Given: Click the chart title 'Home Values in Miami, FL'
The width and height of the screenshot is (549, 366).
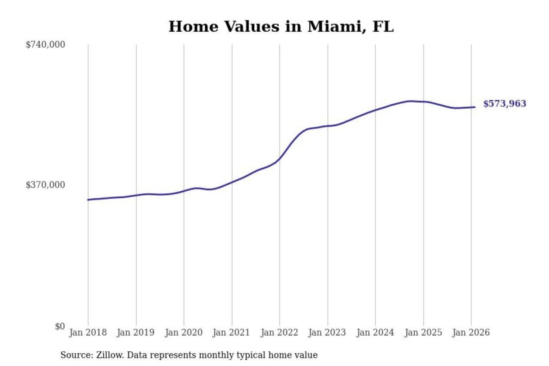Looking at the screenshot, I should click(x=281, y=27).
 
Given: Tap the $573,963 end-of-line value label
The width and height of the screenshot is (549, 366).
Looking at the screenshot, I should click(x=504, y=104).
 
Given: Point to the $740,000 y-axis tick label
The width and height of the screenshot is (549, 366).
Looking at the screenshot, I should click(x=45, y=45).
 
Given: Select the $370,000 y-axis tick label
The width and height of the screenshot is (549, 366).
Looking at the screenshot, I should click(x=45, y=185).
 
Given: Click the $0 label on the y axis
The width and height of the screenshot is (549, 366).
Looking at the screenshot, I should click(x=60, y=326).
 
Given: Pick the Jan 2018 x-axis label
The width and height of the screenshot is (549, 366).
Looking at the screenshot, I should click(x=88, y=332).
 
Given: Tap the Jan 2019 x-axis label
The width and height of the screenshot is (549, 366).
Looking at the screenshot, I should click(x=136, y=332).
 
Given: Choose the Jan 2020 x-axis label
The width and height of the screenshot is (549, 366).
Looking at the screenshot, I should click(x=183, y=332).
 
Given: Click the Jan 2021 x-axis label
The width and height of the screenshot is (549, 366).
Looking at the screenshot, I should click(x=231, y=332).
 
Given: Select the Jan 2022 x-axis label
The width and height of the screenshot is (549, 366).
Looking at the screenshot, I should click(x=279, y=332).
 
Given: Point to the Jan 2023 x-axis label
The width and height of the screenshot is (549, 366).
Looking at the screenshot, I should click(x=327, y=332).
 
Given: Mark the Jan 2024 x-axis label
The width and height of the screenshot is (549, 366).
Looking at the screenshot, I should click(x=375, y=332).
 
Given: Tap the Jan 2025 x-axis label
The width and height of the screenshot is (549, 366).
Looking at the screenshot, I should click(x=423, y=332).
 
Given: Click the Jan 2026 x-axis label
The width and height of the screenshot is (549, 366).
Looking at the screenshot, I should click(x=470, y=332).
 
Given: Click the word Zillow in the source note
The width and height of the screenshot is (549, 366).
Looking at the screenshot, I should click(x=109, y=355).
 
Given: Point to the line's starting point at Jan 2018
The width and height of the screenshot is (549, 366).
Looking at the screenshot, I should click(x=88, y=200).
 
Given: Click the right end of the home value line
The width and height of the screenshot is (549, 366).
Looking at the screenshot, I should click(x=475, y=107).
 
